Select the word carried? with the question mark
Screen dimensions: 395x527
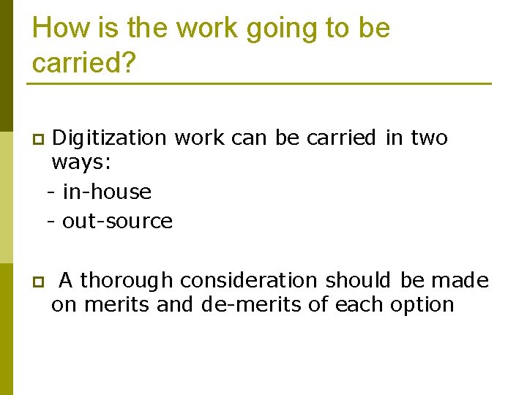click(84, 63)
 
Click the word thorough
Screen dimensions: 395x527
click(126, 281)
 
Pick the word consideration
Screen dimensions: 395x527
click(249, 281)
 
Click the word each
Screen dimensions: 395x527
click(355, 304)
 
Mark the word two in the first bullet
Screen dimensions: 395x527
click(429, 138)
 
